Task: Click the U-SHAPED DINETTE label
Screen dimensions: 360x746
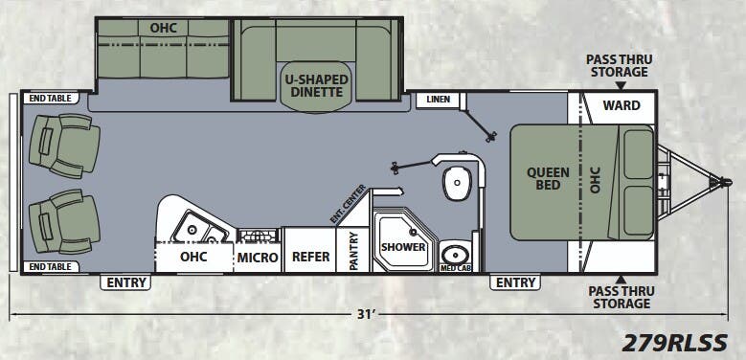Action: coord(315,85)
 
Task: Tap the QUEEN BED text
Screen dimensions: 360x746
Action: coord(548,179)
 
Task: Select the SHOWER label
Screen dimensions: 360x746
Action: coord(403,246)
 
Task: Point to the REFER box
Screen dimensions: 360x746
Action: coord(311,257)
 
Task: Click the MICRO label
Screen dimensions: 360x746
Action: coord(258,258)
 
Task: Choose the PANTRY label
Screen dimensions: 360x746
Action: coord(353,250)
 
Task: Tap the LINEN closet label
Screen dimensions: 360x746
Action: coord(438,100)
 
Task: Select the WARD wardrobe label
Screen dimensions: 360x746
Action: coord(621,104)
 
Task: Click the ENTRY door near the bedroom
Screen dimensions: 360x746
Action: coord(515,282)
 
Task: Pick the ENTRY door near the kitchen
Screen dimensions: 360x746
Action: coord(126,282)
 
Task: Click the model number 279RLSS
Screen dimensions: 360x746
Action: coord(675,342)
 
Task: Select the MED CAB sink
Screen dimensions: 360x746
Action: coord(455,255)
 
